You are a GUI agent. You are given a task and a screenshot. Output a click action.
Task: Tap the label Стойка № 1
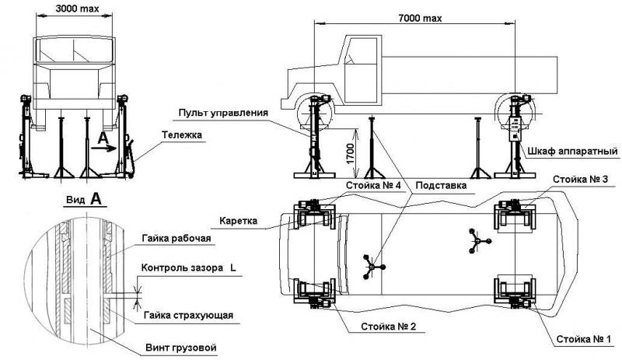point(583,339)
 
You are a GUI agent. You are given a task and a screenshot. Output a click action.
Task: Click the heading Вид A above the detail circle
point(83,199)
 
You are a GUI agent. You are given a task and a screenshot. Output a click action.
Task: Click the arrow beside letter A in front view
point(110,146)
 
